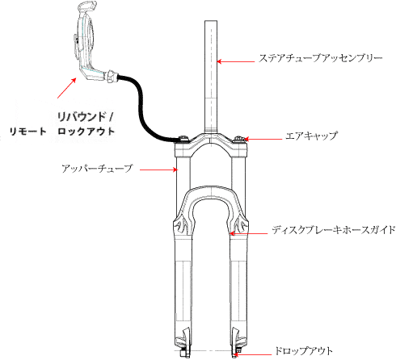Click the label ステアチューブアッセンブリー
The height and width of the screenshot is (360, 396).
tap(321, 58)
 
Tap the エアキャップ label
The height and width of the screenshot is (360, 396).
tap(311, 136)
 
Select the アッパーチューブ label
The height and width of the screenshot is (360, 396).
tap(97, 169)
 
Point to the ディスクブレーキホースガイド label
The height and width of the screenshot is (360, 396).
tap(334, 230)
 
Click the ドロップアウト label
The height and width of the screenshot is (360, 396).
tap(304, 351)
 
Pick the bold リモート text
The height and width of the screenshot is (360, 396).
tap(28, 132)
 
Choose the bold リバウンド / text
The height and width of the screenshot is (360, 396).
tap(85, 117)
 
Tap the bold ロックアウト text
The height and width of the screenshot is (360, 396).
tap(86, 132)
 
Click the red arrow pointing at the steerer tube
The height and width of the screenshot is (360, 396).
tap(236, 61)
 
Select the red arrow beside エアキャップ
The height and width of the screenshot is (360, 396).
tap(263, 140)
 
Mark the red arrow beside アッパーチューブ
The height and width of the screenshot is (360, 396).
tap(158, 170)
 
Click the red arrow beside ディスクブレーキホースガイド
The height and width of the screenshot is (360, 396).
tap(248, 233)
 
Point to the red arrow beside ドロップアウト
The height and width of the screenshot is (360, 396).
tap(252, 354)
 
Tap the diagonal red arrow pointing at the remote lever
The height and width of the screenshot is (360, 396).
tap(66, 88)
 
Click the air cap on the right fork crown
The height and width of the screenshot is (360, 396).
tap(239, 139)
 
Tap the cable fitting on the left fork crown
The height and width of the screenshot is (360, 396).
tap(183, 139)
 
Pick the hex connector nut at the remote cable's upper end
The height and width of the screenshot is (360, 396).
tap(112, 76)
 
